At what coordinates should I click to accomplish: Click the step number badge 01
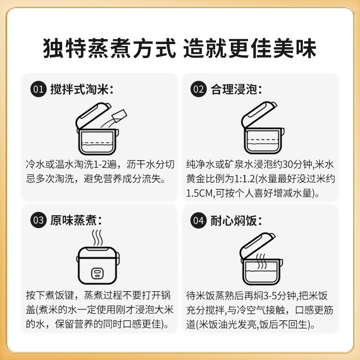[x=38, y=89]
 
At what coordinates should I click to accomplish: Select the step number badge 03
[x=38, y=220]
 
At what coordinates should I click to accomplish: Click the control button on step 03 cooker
[x=97, y=273]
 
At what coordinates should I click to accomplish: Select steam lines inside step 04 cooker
[x=261, y=261]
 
